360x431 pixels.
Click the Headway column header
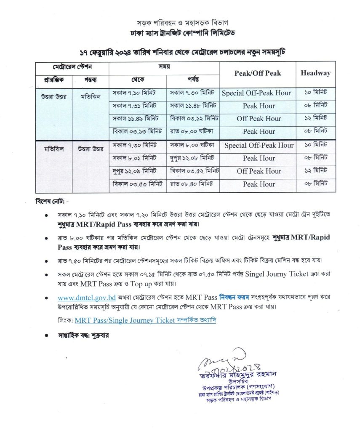[x=315, y=73]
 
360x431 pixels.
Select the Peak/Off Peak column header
[x=257, y=73]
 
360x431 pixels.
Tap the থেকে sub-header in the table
[x=137, y=80]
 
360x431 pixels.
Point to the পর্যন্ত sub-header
[x=193, y=80]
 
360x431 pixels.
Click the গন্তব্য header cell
[x=90, y=80]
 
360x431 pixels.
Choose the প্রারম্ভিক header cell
[x=53, y=80]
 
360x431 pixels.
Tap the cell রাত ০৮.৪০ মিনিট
[x=192, y=184]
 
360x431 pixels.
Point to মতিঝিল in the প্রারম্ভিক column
[x=53, y=149]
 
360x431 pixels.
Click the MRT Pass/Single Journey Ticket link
[x=125, y=320]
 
